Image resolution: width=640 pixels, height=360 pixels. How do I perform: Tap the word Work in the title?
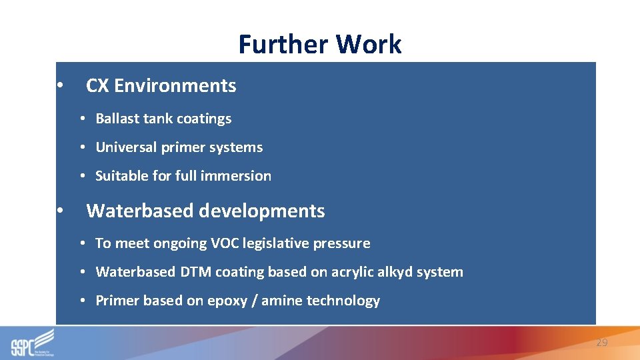pos(369,45)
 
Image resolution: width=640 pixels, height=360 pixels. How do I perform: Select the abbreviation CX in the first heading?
pos(97,86)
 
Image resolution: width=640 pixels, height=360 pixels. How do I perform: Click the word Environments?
pos(175,86)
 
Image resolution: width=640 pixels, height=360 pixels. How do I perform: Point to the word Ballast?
pos(117,119)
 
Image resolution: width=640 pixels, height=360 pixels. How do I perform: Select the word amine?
pos(282,301)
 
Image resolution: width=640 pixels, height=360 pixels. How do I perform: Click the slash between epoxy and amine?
pos(254,301)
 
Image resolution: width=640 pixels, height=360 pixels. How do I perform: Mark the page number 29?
pos(602,343)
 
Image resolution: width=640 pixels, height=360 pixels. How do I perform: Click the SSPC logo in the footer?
pos(32,343)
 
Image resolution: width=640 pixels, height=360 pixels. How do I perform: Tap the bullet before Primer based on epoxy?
pos(81,301)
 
